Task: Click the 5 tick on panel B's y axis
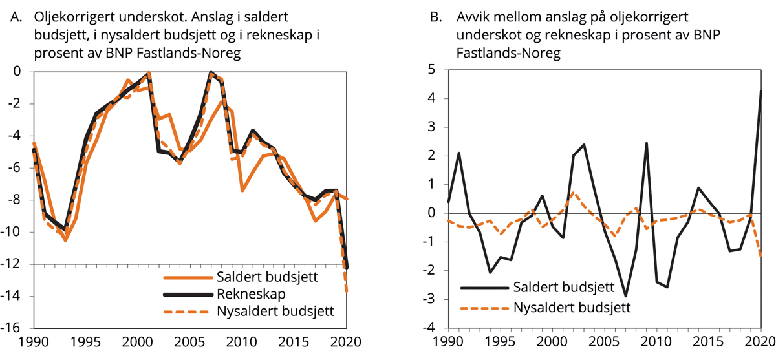[436, 70]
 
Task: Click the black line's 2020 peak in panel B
[761, 91]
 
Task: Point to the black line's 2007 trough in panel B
[625, 296]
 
